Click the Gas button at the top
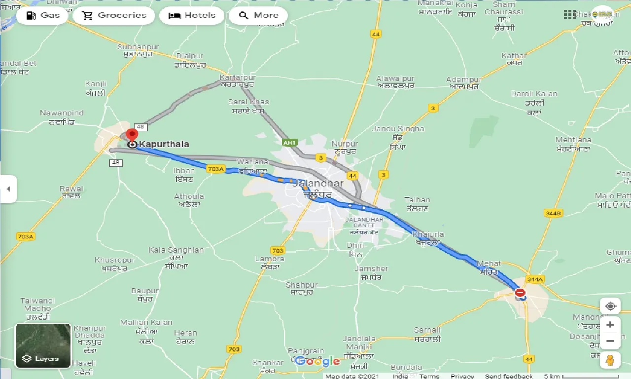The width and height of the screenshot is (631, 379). (x=43, y=15)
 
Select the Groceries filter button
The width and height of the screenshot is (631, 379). (x=114, y=15)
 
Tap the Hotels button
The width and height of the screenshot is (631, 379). (x=192, y=15)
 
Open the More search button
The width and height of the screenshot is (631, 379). (x=258, y=15)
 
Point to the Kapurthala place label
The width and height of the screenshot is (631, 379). (x=164, y=144)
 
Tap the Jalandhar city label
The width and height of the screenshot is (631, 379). (x=318, y=183)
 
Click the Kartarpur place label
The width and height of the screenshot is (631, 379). (x=238, y=78)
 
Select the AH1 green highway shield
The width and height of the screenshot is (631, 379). (x=289, y=143)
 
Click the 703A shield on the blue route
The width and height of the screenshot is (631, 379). (x=216, y=169)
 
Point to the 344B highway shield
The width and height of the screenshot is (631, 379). (x=554, y=213)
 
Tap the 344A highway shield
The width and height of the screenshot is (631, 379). (x=534, y=279)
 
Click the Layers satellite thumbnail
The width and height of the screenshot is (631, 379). (x=43, y=345)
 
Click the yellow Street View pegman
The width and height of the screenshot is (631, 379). (x=610, y=360)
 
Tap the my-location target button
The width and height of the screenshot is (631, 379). (x=610, y=306)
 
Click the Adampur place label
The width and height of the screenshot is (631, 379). (x=463, y=79)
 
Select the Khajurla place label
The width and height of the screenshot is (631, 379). (x=428, y=235)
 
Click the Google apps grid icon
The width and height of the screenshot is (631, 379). (x=569, y=15)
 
